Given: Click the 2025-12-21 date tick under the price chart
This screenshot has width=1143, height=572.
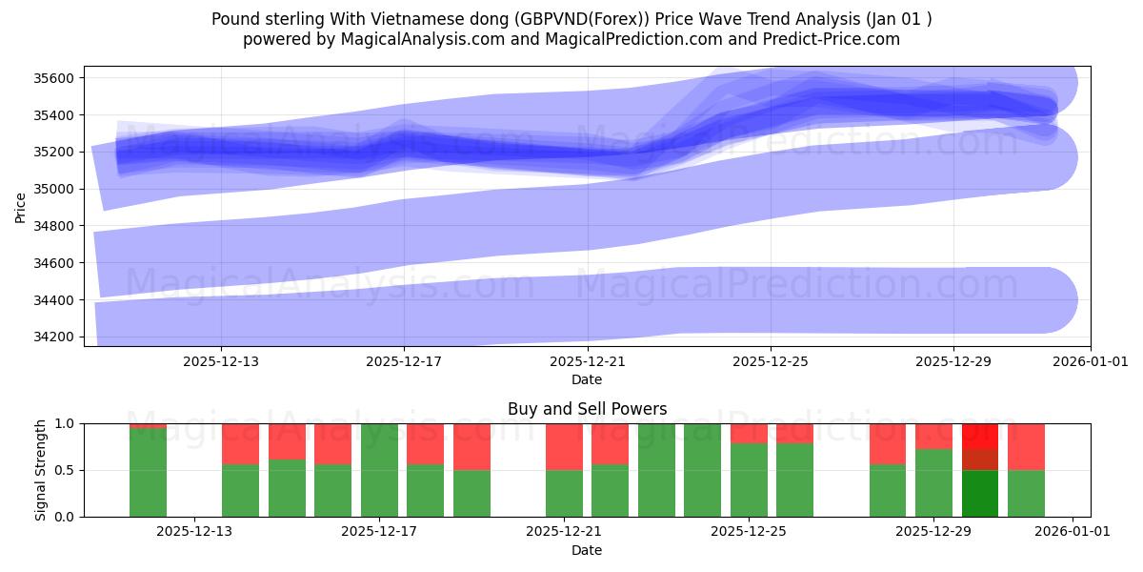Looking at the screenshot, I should (x=587, y=361).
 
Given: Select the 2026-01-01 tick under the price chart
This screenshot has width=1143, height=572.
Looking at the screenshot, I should (x=1091, y=361).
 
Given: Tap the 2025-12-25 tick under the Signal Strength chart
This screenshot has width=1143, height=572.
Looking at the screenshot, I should (x=748, y=532).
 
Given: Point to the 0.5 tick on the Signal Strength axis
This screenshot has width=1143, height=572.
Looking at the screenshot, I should (x=68, y=470).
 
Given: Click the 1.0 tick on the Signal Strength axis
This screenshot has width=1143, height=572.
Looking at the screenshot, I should (x=68, y=423).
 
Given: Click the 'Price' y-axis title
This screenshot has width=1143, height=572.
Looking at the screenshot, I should (x=21, y=207).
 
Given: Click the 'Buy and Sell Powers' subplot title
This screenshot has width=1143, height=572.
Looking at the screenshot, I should (x=587, y=410).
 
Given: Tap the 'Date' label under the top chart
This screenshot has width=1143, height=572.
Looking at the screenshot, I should (x=587, y=379).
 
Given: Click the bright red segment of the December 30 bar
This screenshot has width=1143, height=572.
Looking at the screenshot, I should (x=980, y=436).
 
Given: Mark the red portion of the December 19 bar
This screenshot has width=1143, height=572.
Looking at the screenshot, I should (x=471, y=446).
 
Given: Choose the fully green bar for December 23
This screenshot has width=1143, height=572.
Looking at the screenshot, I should (x=656, y=470).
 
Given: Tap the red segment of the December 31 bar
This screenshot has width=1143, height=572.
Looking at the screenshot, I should (x=1026, y=446).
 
